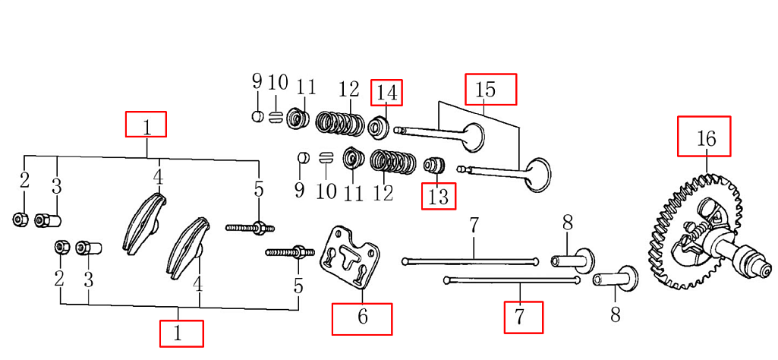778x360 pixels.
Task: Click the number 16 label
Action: coord(705,139)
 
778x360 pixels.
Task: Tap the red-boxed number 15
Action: coord(486,90)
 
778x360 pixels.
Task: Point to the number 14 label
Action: coord(387,93)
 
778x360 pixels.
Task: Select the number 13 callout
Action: coord(439,197)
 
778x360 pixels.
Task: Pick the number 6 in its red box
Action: coord(362,317)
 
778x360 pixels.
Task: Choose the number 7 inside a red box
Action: coord(524,317)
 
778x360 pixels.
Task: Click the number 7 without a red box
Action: coord(474,226)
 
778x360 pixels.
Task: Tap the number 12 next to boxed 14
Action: coord(348,90)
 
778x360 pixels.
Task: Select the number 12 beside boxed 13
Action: coord(383,193)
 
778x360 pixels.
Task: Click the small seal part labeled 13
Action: coord(434,165)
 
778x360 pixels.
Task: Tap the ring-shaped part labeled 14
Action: coord(379,126)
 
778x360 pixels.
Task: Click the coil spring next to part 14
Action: coord(341,124)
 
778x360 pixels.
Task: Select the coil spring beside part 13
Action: coord(393,161)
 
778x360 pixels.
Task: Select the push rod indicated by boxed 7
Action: coord(516,281)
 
